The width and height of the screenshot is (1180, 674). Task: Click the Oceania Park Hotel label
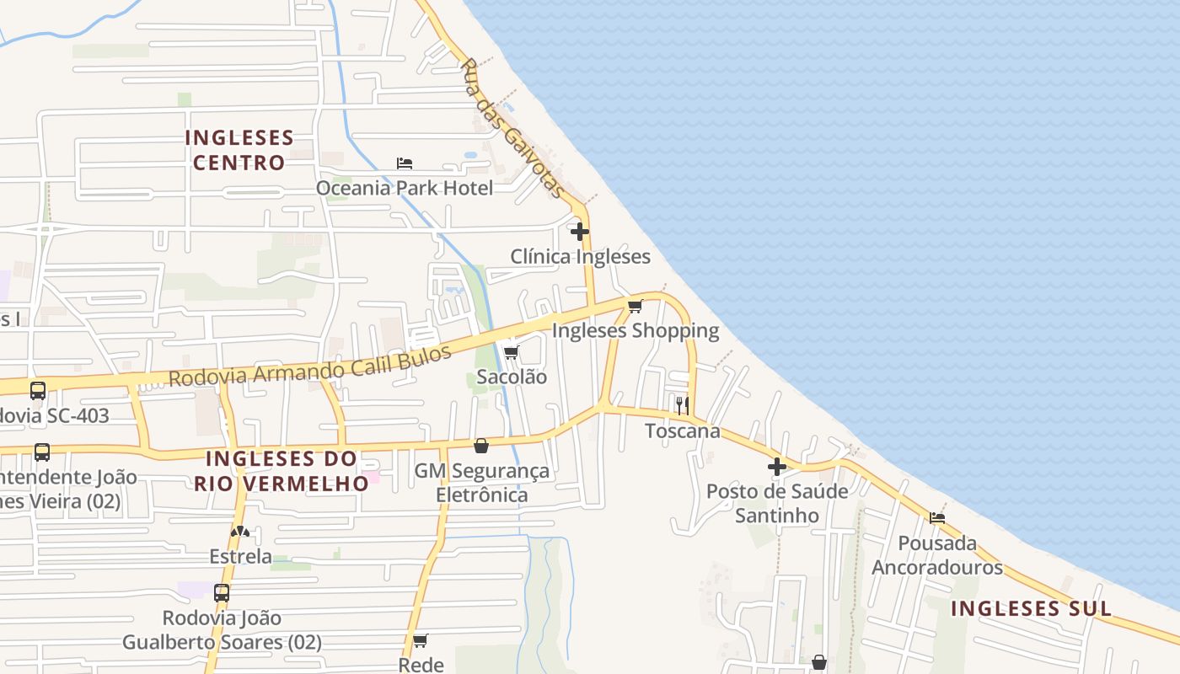(x=404, y=187)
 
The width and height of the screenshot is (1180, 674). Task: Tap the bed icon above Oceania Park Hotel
(x=405, y=163)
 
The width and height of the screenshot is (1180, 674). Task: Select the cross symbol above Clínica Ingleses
(x=580, y=231)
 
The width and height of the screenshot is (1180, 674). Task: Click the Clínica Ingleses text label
(x=580, y=256)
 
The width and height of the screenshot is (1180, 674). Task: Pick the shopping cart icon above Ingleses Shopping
(x=636, y=306)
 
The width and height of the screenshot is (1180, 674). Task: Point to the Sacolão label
(x=512, y=377)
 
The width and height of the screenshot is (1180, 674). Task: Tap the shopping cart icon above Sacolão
(x=512, y=352)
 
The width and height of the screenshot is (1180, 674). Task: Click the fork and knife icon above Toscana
(x=683, y=405)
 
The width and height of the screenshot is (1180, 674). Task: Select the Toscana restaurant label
(x=683, y=431)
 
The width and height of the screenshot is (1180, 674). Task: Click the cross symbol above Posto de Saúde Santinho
(x=777, y=466)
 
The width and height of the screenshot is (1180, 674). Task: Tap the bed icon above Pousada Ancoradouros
(x=937, y=518)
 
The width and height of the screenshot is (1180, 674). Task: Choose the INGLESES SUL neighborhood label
(x=1031, y=608)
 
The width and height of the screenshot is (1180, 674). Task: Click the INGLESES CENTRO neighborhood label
(x=239, y=150)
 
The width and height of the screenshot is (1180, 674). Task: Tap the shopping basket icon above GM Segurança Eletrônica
(x=481, y=446)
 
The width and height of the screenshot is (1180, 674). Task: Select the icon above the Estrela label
(x=240, y=532)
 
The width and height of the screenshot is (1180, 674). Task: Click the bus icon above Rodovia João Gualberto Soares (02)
(x=222, y=593)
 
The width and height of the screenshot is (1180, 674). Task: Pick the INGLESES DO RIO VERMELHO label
(x=282, y=471)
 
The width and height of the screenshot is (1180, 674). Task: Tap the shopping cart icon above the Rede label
(x=421, y=640)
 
